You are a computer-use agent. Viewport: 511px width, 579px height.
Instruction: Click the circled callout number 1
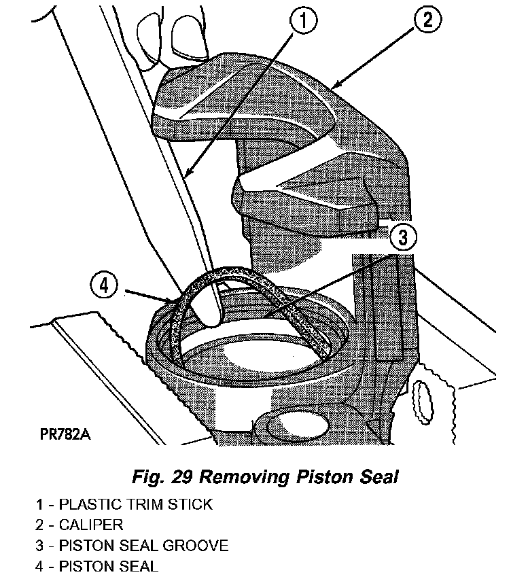click(x=304, y=22)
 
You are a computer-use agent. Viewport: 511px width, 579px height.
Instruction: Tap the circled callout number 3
click(x=403, y=236)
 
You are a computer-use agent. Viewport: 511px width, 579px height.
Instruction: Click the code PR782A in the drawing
click(x=60, y=433)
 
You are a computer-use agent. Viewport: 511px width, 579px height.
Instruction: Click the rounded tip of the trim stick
click(x=209, y=313)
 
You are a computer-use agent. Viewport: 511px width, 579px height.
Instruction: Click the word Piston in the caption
click(x=323, y=477)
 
